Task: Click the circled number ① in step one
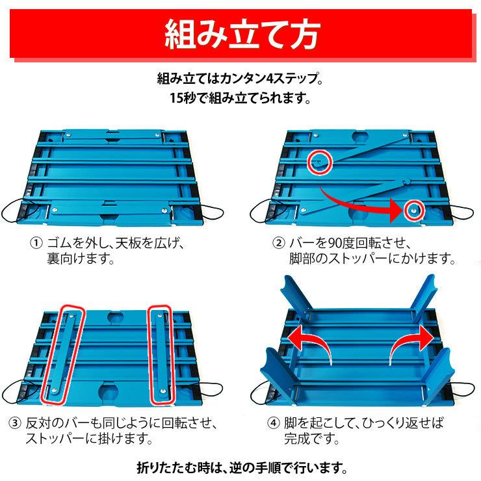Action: [x=36, y=244]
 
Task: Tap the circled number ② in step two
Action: [x=278, y=244]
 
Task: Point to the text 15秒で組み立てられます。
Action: [x=240, y=99]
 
